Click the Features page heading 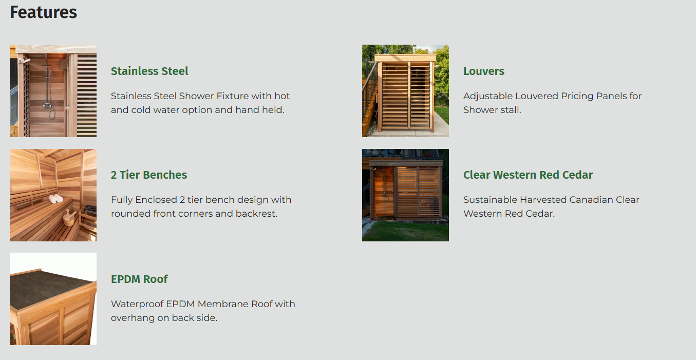[44, 12]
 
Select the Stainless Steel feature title [149, 71]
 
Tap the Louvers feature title [484, 71]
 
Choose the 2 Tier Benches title [149, 175]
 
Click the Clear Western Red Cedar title [528, 175]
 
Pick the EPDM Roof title [139, 279]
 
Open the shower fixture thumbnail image [53, 91]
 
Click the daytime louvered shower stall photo [405, 91]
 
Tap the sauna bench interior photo [53, 195]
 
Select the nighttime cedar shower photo [405, 195]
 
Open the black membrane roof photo [53, 299]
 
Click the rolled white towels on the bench [56, 198]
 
